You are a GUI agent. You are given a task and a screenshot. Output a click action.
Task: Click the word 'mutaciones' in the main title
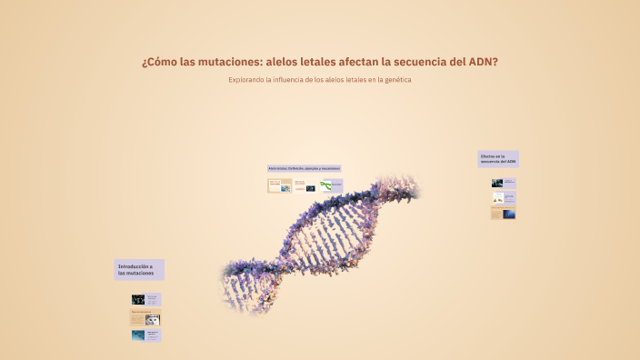(x=215, y=62)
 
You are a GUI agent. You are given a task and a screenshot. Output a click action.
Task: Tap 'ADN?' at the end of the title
(x=481, y=62)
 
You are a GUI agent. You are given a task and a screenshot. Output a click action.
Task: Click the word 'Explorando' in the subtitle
(x=248, y=80)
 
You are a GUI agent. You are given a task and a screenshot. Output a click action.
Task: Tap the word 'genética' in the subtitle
(x=397, y=80)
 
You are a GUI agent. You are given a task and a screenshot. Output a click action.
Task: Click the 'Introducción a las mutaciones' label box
(x=139, y=269)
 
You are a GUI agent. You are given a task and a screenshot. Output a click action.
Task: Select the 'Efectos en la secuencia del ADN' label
(x=498, y=159)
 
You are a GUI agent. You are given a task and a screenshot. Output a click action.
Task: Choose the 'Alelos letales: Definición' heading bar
(x=304, y=168)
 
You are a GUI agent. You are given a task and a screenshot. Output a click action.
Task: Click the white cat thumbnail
(x=153, y=320)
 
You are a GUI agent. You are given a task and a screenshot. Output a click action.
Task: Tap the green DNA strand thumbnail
(x=331, y=185)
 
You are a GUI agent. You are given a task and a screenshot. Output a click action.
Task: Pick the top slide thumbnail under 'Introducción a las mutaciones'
(x=145, y=299)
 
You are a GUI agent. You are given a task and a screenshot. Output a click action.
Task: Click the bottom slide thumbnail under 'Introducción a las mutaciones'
(x=145, y=335)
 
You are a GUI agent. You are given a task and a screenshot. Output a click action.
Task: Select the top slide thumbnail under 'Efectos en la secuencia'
(x=504, y=182)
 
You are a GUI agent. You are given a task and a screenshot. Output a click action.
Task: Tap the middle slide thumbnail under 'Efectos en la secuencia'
(x=504, y=197)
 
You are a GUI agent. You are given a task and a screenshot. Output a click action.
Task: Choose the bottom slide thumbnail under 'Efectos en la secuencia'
(x=504, y=214)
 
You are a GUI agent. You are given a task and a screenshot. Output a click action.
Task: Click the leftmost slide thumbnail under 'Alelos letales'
(x=279, y=185)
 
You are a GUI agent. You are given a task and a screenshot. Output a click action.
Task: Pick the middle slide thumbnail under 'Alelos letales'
(x=305, y=185)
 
